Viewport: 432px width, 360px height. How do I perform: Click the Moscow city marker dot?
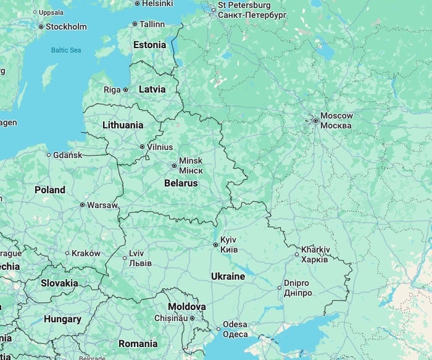coord(315,120)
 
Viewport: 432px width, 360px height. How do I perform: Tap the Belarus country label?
coord(181,183)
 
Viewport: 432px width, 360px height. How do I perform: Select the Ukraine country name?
coord(228,276)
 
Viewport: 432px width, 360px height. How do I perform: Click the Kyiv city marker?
coord(215,245)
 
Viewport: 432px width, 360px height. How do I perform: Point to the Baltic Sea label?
coord(66,50)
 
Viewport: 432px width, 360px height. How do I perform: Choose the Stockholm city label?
coord(66,27)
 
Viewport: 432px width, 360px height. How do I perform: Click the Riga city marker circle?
coord(125,90)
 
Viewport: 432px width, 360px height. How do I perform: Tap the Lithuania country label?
coord(123,125)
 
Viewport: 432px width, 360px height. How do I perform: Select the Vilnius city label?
coord(160,147)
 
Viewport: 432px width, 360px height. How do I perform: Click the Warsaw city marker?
coord(82,204)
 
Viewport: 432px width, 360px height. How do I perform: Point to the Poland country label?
coord(50,190)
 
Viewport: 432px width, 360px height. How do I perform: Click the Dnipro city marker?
coord(279,287)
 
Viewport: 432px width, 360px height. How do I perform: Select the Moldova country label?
coord(186,306)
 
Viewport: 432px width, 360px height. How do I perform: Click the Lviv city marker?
coord(125,258)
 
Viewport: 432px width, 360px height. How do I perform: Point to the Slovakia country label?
coord(59,283)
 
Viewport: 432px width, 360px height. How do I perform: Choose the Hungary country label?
coord(62,319)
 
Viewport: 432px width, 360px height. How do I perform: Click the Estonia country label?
coord(150,44)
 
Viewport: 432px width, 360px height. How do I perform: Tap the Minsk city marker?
coord(174,165)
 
